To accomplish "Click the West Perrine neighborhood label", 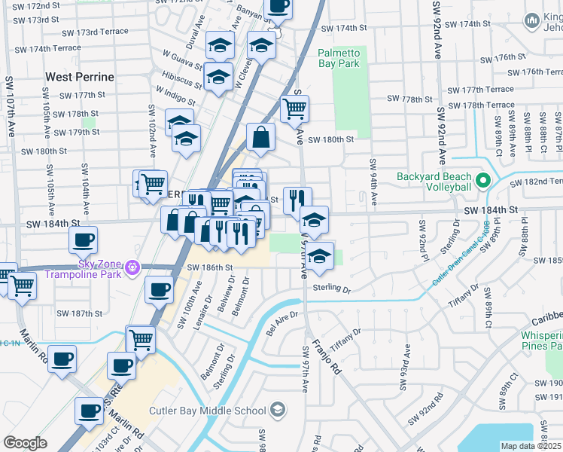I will coord(80,77).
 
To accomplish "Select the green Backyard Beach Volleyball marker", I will coord(482,182).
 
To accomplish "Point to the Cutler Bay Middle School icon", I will coord(277,410).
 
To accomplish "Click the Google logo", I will coord(25,443).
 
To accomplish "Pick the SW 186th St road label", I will coord(210,267).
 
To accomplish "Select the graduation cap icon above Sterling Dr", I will coord(319,258).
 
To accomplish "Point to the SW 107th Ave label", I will coord(11,105).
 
